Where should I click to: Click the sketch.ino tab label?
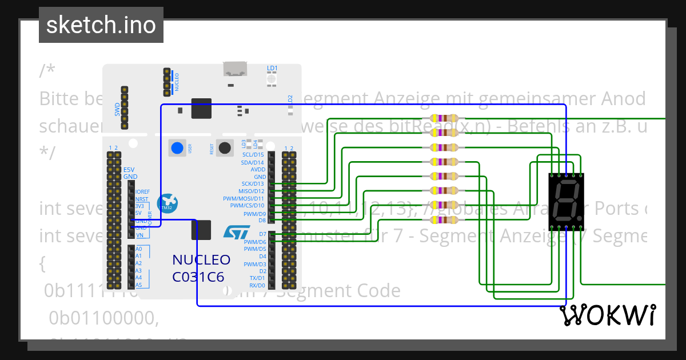pyautogui.click(x=101, y=25)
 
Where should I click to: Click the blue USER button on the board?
pyautogui.click(x=177, y=148)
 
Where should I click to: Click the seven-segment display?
pyautogui.click(x=566, y=201)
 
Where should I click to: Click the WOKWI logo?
pyautogui.click(x=607, y=315)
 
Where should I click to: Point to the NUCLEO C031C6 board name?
pyautogui.click(x=201, y=268)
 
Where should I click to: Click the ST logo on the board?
pyautogui.click(x=236, y=232)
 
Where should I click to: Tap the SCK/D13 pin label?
pyautogui.click(x=254, y=184)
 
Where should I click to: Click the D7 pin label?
pyautogui.click(x=262, y=234)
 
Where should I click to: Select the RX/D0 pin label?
pyautogui.click(x=257, y=285)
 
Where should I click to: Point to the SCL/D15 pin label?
pyautogui.click(x=253, y=154)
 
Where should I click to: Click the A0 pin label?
pyautogui.click(x=138, y=249)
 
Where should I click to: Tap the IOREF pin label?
pyautogui.click(x=142, y=191)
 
